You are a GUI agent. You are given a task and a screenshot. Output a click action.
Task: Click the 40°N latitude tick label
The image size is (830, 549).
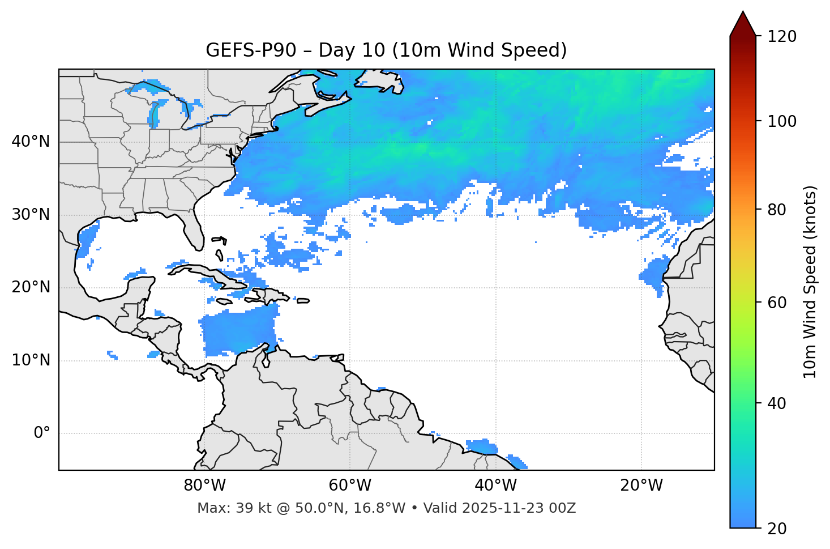(31, 142)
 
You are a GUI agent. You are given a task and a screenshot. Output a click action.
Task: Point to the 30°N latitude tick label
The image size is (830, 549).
(31, 215)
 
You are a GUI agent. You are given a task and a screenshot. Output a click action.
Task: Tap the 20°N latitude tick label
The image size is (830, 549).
(31, 287)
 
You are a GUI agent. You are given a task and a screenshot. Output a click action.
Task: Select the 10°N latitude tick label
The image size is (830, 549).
(31, 360)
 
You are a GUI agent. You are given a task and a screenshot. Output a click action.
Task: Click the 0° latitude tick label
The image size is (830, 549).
(42, 433)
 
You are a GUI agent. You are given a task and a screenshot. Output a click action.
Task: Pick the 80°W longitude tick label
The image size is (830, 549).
(204, 486)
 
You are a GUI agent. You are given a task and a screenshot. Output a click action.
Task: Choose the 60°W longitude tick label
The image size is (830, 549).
(350, 486)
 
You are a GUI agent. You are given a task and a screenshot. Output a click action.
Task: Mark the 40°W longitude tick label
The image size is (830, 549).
(496, 486)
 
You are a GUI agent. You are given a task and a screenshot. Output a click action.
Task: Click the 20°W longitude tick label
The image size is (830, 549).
(641, 486)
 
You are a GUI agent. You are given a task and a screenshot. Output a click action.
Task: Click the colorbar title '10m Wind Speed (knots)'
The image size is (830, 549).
(810, 282)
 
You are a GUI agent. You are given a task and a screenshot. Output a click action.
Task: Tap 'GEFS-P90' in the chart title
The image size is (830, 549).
(251, 50)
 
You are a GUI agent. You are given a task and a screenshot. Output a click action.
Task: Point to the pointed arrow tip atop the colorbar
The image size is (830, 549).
(743, 12)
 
